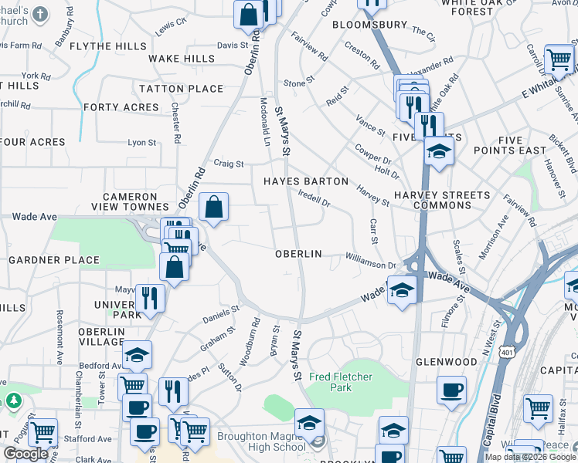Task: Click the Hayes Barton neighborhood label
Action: (x=306, y=181)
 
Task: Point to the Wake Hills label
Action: (x=182, y=59)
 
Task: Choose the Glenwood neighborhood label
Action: (x=447, y=361)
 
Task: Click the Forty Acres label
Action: (x=121, y=107)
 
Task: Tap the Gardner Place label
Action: (x=54, y=260)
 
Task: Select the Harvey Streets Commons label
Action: (x=442, y=200)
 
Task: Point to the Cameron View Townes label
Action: (x=135, y=201)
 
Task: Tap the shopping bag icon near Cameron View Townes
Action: (x=214, y=207)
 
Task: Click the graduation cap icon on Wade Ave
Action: (x=401, y=291)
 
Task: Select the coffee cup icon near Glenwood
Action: (x=451, y=389)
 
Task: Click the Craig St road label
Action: (x=229, y=164)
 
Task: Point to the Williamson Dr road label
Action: (x=371, y=264)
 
